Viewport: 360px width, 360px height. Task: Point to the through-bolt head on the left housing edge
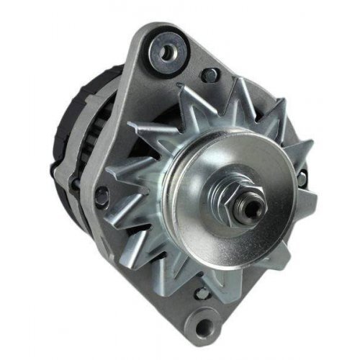point(102,192)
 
